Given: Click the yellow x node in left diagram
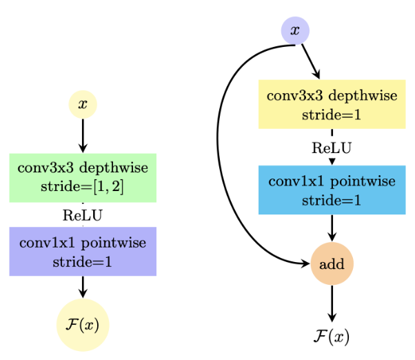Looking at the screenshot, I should [x=83, y=105].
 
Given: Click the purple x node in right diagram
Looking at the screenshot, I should [x=295, y=30].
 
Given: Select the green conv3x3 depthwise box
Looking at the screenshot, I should [x=83, y=177].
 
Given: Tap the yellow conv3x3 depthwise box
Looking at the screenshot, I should [x=332, y=104].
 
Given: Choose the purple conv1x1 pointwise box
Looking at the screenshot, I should [x=83, y=251].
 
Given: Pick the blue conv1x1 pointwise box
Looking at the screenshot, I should [x=332, y=190].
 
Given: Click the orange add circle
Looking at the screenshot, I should [x=332, y=263].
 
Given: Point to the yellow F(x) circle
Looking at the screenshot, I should [x=83, y=325].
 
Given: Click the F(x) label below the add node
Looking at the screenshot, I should [x=332, y=337].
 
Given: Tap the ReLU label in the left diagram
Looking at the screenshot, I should [x=83, y=215].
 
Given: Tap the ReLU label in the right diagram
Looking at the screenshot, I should [x=332, y=148].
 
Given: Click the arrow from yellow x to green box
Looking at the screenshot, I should [x=83, y=135].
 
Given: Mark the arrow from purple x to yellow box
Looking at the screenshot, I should [x=310, y=61].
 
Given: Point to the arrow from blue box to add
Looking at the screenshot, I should [x=332, y=228].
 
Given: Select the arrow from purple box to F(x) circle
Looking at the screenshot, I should [x=83, y=286].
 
